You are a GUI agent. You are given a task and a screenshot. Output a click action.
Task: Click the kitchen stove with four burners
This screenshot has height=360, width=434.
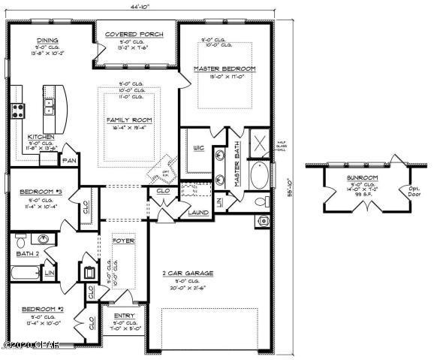click(x=18, y=111)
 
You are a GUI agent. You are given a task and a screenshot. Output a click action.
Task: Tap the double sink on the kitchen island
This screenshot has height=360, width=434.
click(x=50, y=106)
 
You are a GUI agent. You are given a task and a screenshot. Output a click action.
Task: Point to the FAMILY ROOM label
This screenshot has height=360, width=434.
click(x=130, y=119)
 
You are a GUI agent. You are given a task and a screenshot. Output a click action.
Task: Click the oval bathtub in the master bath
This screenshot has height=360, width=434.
click(x=258, y=175)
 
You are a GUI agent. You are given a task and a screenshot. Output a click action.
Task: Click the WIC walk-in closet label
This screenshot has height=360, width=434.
click(x=199, y=147)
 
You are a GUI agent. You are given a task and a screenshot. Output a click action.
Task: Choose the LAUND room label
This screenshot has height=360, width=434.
click(x=199, y=212)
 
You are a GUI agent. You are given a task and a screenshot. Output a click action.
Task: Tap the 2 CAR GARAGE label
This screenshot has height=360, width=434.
click(x=193, y=273)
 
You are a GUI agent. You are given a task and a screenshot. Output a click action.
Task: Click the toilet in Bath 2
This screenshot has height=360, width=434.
click(x=21, y=242)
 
